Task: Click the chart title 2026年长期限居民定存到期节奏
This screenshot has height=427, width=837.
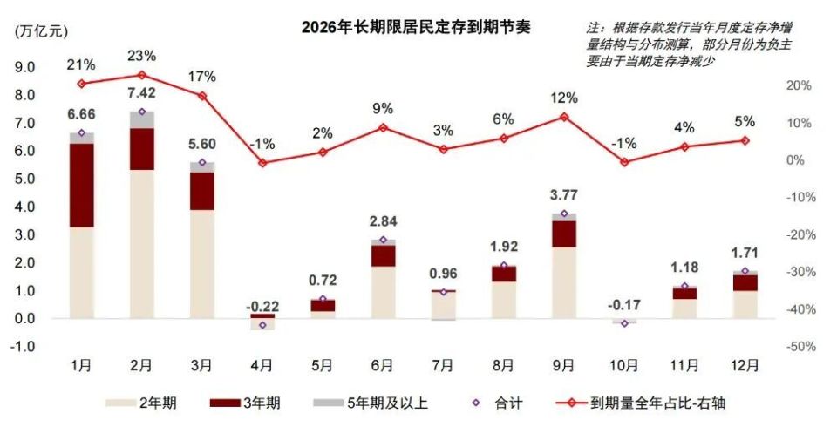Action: [415, 27]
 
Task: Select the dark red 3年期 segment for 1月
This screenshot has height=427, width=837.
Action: [81, 185]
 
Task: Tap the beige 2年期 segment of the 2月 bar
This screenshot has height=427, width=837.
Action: [142, 243]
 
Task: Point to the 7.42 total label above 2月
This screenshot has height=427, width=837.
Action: [142, 92]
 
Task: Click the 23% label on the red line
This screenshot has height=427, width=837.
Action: [141, 56]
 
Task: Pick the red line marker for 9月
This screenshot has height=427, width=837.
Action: [564, 116]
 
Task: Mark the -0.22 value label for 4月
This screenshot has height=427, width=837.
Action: [262, 306]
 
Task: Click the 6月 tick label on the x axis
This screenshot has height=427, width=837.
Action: [383, 364]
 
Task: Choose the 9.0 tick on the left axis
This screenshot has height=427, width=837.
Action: [24, 67]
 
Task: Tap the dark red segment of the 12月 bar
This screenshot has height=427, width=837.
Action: [745, 282]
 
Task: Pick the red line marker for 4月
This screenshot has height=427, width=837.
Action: [262, 163]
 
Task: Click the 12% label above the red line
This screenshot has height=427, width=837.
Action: [563, 97]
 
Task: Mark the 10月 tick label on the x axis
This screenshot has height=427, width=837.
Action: [624, 364]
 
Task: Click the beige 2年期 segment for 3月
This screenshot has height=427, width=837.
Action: [202, 262]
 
